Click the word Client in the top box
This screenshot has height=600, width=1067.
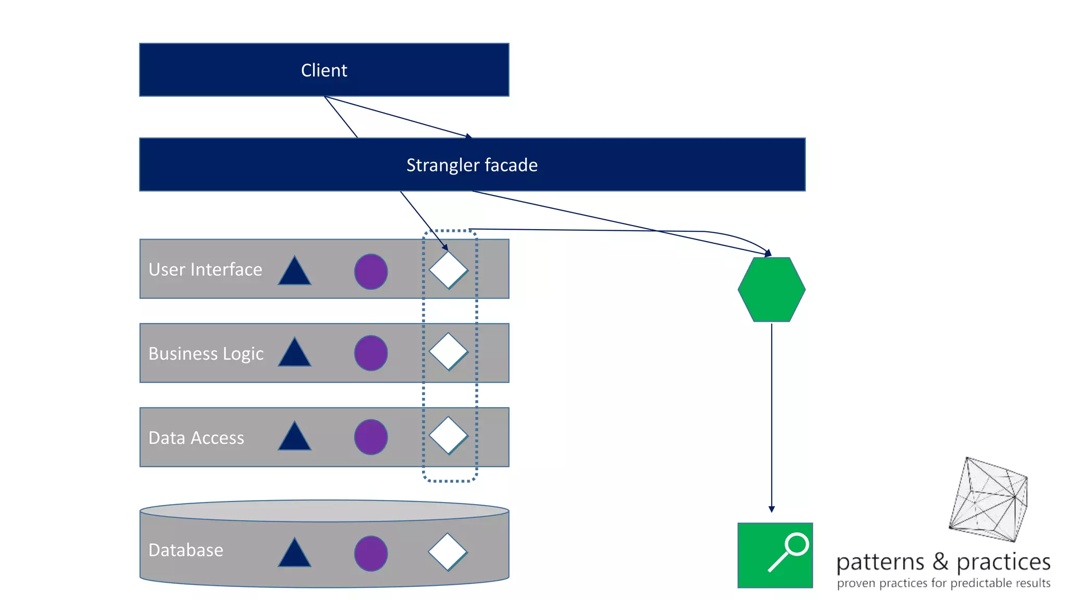click(324, 70)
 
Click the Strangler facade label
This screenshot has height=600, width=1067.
click(472, 165)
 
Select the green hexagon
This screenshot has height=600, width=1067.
click(772, 290)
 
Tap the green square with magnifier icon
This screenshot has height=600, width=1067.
click(775, 555)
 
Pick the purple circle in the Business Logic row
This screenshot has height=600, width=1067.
click(371, 353)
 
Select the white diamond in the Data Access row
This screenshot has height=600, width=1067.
click(448, 435)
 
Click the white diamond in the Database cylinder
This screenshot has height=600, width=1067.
click(448, 552)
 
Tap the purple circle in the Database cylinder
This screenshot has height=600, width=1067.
click(371, 553)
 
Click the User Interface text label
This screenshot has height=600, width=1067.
click(205, 269)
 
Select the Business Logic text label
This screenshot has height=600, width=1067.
click(206, 354)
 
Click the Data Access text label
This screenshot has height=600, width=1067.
click(196, 438)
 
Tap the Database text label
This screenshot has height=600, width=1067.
click(186, 550)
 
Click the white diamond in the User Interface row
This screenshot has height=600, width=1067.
click(448, 270)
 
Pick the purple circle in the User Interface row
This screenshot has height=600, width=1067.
click(371, 272)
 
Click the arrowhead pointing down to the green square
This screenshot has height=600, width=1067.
click(772, 509)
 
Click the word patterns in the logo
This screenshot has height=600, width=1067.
click(880, 562)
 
